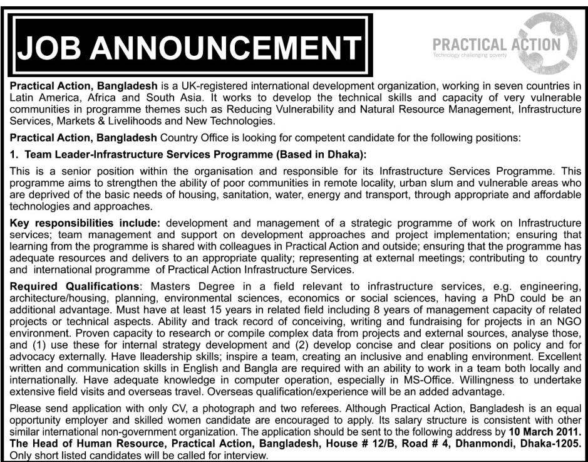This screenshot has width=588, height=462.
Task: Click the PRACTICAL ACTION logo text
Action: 497,44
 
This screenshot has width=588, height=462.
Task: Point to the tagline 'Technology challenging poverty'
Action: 470,56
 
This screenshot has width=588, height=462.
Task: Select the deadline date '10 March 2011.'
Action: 545,433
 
